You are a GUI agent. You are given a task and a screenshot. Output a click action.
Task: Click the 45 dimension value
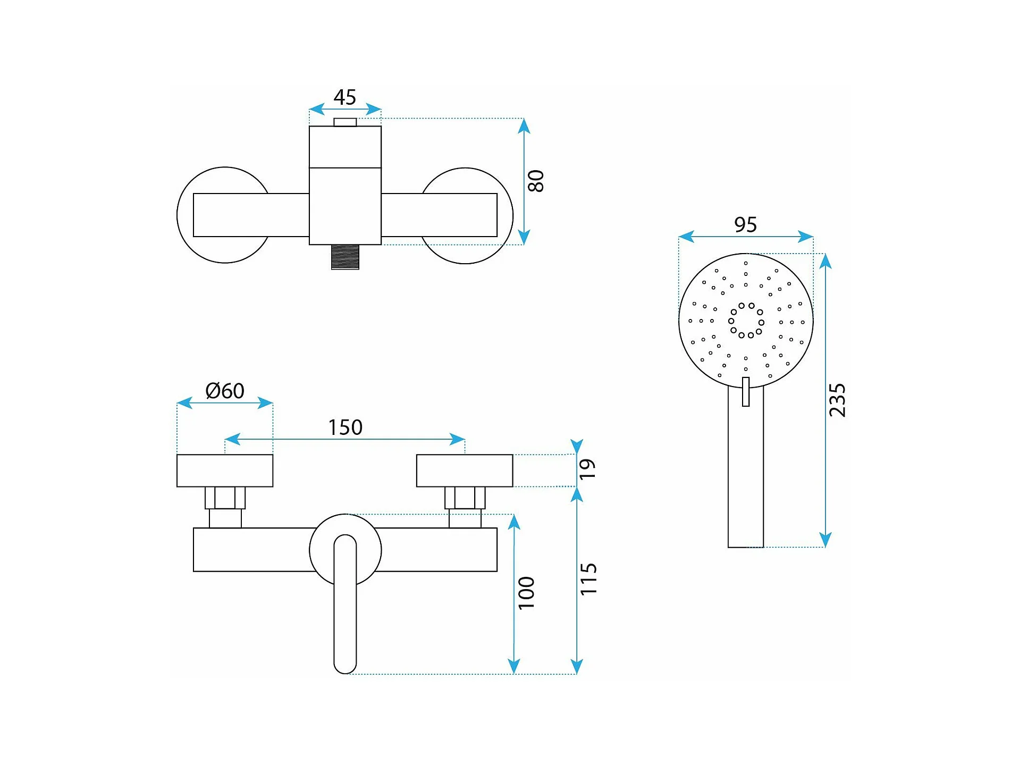coord(344,97)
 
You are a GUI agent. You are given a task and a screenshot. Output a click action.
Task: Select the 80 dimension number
coord(536,181)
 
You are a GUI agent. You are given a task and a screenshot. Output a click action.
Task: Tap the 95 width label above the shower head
coord(745,224)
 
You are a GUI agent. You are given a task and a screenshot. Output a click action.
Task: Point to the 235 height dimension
coord(837,400)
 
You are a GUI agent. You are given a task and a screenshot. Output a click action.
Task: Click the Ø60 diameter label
coord(225,391)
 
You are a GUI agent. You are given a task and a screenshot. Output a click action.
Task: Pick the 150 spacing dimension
coord(345,427)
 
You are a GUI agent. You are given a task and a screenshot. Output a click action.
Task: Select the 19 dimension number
coord(587,469)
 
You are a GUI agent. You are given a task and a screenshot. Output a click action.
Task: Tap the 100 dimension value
coord(526,593)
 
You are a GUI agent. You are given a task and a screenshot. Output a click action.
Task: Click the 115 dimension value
coord(588,579)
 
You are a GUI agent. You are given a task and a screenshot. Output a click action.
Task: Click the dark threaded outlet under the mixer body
coord(345,257)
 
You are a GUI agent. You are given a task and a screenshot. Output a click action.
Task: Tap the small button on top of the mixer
coord(345,122)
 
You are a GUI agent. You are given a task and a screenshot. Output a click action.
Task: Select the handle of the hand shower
coord(746,466)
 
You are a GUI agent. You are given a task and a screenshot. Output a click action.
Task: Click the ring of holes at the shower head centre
coord(746,321)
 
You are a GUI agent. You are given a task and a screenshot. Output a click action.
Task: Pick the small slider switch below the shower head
coord(746,392)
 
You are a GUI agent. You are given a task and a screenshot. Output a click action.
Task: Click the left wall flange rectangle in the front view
coord(225,471)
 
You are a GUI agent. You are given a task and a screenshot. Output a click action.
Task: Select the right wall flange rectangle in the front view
coord(465,471)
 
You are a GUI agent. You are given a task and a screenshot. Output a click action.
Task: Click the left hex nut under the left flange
coord(225,498)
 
